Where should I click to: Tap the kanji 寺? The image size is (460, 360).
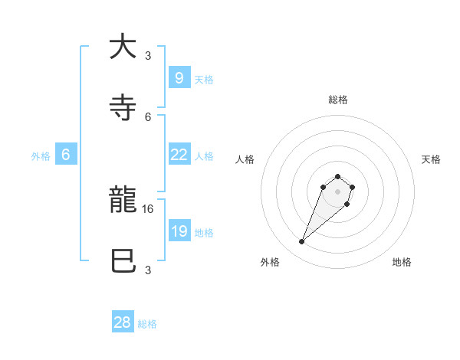tap(123, 106)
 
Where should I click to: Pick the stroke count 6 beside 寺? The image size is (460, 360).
tap(149, 116)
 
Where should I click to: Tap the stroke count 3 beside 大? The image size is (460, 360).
tap(148, 55)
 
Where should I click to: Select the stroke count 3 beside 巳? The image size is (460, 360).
tap(148, 270)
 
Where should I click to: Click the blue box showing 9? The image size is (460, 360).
tap(179, 77)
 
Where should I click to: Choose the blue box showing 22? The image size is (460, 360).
tap(179, 155)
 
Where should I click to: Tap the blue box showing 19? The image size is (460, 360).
tap(179, 231)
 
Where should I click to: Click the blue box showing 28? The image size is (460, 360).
tap(123, 322)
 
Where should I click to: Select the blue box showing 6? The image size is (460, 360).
tap(66, 155)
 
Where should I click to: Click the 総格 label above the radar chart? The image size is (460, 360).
tap(338, 100)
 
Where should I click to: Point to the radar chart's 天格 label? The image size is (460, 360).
tap(431, 159)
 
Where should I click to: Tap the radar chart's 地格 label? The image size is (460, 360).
tap(402, 262)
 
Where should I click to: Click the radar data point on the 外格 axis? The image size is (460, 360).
tap(302, 242)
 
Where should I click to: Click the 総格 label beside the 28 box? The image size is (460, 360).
tap(147, 324)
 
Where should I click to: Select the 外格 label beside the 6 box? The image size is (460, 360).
tap(41, 156)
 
